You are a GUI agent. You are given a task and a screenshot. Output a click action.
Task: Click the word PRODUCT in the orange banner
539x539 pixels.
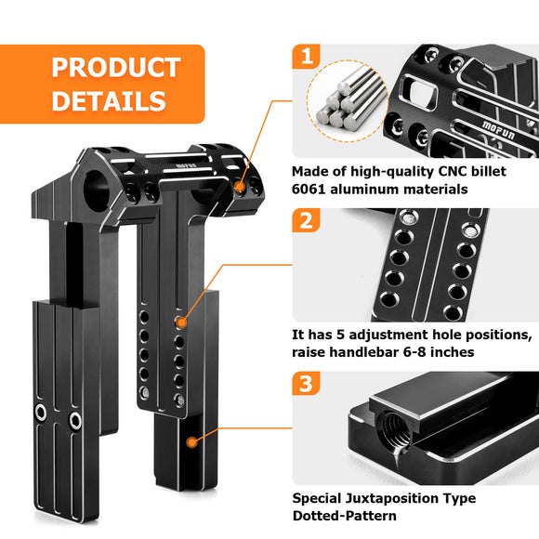click(x=116, y=67)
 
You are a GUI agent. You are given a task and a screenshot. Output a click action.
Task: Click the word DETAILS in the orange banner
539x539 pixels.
click(x=109, y=100)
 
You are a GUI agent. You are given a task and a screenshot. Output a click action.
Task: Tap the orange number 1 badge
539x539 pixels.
click(x=307, y=57)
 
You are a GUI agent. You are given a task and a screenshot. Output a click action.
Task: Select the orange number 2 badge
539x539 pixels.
click(x=307, y=220)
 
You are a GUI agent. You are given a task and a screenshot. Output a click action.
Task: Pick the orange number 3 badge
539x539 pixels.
click(x=307, y=383)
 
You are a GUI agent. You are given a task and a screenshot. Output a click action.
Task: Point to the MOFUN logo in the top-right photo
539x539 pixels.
click(x=498, y=130)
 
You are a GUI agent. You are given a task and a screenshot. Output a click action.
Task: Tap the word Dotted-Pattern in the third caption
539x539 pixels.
click(x=345, y=516)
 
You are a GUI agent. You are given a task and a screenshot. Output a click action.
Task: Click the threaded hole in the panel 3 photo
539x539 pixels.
click(x=396, y=429)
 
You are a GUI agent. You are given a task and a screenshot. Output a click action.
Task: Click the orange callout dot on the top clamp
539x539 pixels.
click(x=240, y=187)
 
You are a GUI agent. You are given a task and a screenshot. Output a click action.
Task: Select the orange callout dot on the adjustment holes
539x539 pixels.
click(x=181, y=322)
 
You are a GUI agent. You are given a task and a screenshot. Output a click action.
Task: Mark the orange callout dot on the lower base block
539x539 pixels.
click(x=191, y=442)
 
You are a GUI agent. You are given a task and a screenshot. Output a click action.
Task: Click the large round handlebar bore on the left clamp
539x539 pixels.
click(x=97, y=190)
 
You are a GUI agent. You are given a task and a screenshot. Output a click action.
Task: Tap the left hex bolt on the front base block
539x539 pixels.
click(x=41, y=413)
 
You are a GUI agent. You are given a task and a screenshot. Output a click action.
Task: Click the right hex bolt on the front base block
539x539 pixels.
click(x=75, y=420)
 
